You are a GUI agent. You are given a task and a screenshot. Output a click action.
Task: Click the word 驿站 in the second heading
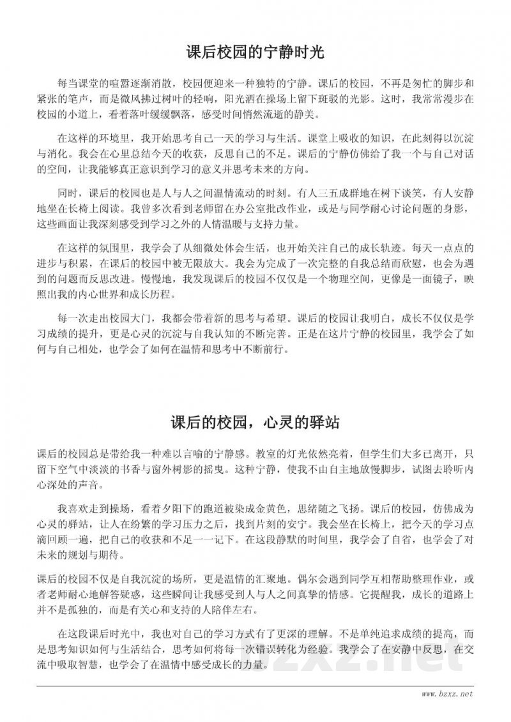[x=324, y=422]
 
